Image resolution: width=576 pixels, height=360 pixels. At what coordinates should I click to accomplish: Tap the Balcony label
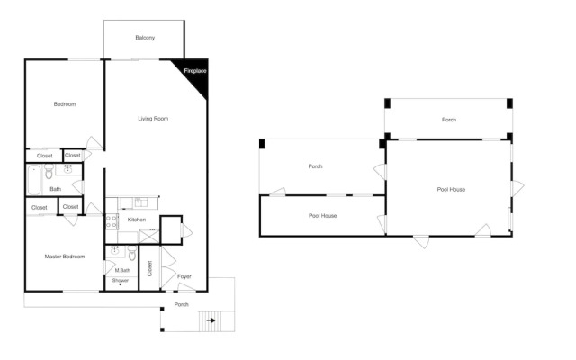(145, 38)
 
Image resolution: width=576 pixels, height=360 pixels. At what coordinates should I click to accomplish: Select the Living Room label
(153, 119)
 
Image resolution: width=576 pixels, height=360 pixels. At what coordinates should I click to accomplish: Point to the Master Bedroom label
(65, 256)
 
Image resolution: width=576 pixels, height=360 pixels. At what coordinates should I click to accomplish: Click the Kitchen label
(137, 220)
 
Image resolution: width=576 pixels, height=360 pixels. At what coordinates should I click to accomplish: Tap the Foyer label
(184, 276)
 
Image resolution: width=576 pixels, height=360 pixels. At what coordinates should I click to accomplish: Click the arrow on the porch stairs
(211, 320)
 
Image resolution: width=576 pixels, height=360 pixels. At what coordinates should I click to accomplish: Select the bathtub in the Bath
(34, 180)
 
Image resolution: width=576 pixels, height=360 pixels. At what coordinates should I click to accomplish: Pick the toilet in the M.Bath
(132, 253)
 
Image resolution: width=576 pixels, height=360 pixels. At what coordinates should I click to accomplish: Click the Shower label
(121, 280)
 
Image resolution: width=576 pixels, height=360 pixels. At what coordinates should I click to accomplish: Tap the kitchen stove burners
(112, 221)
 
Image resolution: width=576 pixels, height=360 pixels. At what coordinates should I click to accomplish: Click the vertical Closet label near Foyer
(149, 268)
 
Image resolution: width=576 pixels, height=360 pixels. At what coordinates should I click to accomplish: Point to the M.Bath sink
(115, 252)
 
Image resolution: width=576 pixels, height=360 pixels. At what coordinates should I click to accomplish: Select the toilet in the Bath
(49, 171)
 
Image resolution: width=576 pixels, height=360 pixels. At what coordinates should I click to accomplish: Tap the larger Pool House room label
(451, 190)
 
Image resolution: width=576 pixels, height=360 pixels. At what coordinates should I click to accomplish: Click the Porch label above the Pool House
(449, 120)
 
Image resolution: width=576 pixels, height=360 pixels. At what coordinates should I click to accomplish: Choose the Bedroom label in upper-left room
(65, 104)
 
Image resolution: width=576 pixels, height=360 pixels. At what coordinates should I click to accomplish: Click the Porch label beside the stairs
(182, 304)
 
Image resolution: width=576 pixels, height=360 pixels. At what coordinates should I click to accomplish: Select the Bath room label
(56, 189)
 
